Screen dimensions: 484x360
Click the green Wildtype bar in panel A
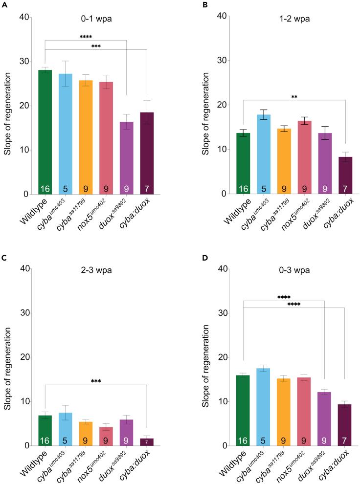coord(45,132)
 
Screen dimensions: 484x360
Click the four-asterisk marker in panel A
coord(86,37)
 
